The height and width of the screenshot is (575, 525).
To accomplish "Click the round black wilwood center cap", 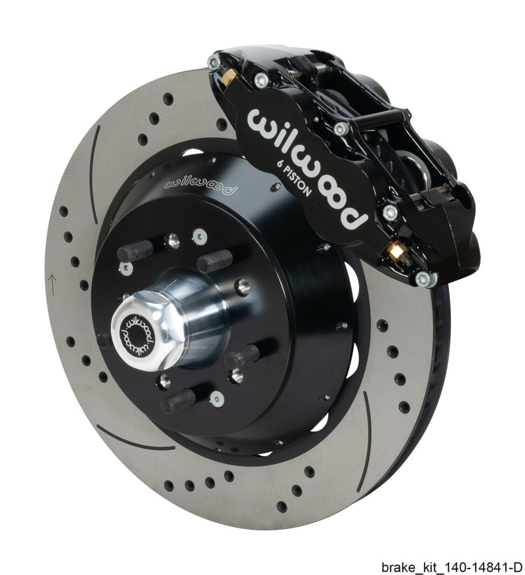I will pos(136,332).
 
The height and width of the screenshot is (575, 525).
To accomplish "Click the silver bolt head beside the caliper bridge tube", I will pos(339,129).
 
